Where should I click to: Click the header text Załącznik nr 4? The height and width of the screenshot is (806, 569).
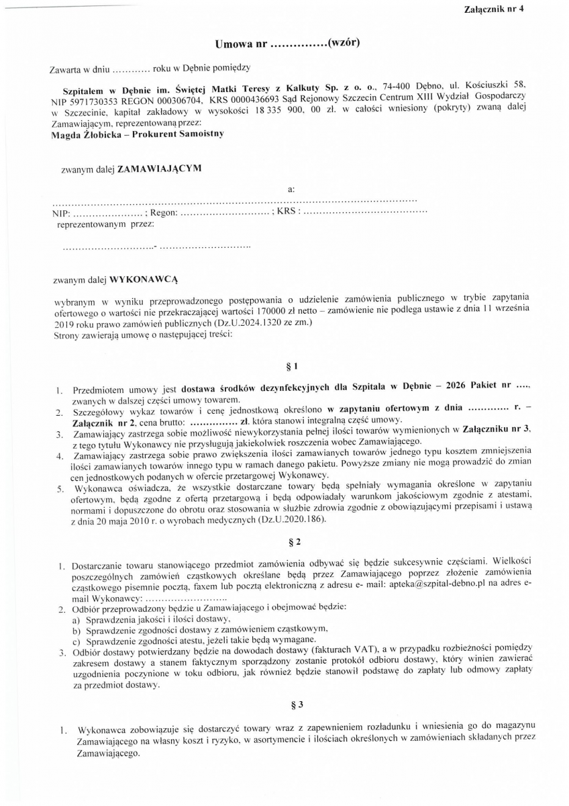click(493, 9)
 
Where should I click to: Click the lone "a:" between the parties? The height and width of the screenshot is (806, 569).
click(291, 189)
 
